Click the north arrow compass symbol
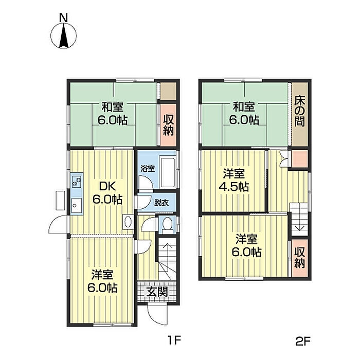tap(64, 36)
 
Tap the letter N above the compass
tap(64, 18)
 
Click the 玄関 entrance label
tap(157, 292)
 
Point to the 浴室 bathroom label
tap(148, 169)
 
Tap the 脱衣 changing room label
tap(161, 203)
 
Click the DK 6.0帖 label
tap(107, 193)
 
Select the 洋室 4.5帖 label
tap(233, 180)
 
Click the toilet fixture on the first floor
tap(167, 225)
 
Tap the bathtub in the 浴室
tap(168, 172)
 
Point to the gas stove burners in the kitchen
tap(77, 181)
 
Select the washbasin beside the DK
tap(128, 222)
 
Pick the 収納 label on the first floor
tap(168, 125)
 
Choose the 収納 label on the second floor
tap(300, 257)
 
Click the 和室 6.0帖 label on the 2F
tap(244, 114)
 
